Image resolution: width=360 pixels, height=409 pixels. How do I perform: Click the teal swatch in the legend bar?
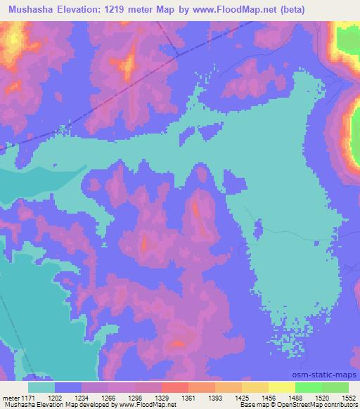point(41,387)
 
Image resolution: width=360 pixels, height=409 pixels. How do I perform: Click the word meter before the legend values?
point(10,397)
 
